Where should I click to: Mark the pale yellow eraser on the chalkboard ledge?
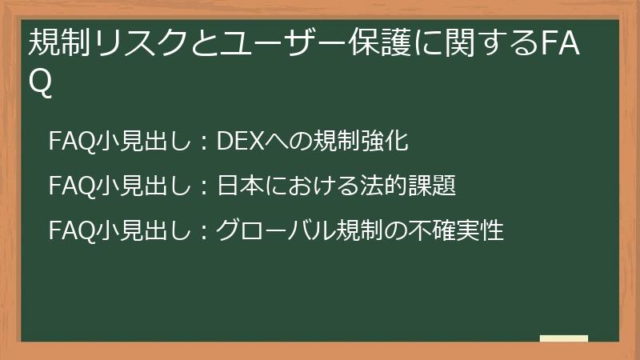[x=563, y=339]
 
